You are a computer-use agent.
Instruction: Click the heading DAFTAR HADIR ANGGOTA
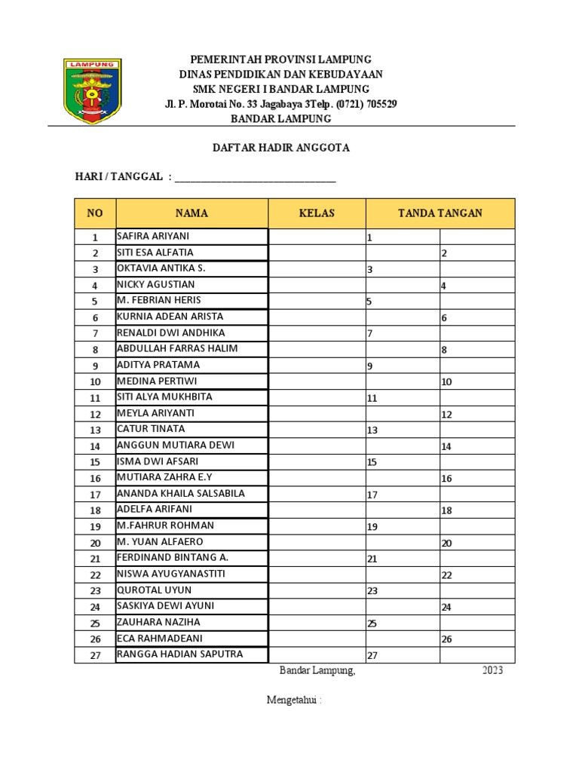click(x=280, y=148)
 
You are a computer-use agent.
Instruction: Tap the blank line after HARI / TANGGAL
click(x=255, y=178)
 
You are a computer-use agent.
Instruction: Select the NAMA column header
click(x=191, y=213)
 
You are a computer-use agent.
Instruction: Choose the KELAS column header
click(x=317, y=213)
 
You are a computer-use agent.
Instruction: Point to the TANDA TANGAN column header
click(x=440, y=213)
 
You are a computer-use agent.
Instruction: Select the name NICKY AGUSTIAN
click(x=155, y=284)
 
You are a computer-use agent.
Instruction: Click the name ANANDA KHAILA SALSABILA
click(x=180, y=493)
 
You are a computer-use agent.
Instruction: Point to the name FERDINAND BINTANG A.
click(x=172, y=558)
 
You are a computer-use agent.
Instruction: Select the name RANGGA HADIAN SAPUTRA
click(x=179, y=654)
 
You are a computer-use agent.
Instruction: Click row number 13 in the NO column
click(x=95, y=430)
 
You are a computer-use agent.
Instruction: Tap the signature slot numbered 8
click(x=476, y=350)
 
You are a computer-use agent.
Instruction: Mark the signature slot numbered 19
click(x=403, y=527)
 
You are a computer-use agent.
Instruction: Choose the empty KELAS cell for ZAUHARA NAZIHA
click(x=317, y=623)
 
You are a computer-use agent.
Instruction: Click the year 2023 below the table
click(x=492, y=671)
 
